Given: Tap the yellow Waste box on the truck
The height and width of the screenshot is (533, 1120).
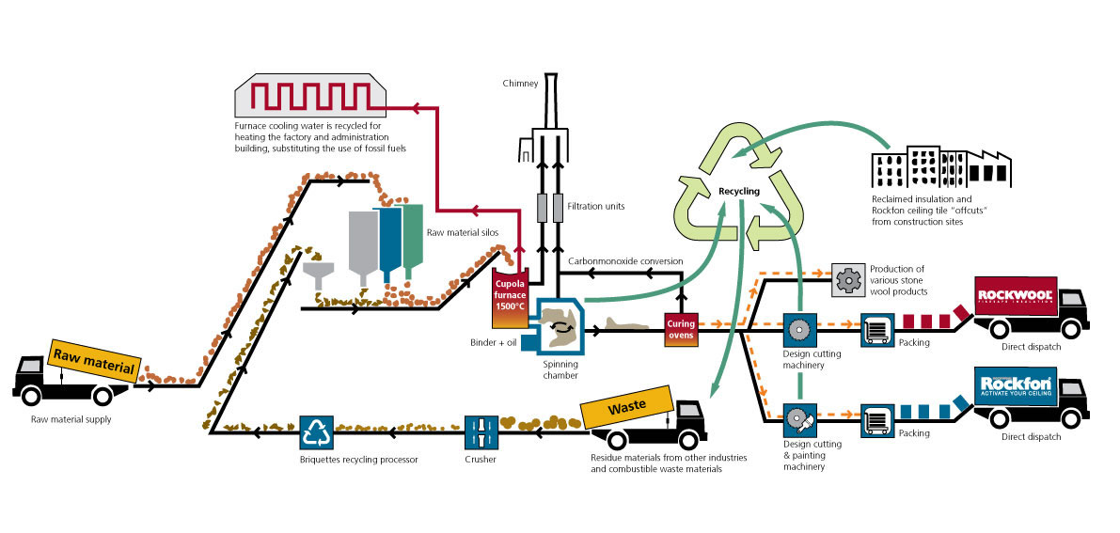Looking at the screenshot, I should tap(627, 410).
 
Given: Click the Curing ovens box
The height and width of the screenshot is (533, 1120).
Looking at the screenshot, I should tap(681, 330).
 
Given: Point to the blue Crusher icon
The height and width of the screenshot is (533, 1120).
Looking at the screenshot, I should tap(481, 433).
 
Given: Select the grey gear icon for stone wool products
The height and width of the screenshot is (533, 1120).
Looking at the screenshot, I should tap(847, 278).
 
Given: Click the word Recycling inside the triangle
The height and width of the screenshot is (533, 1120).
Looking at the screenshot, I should tap(738, 191).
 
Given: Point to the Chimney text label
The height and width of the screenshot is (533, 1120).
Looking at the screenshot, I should tap(519, 83).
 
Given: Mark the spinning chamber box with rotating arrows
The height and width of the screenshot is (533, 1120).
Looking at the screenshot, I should tap(560, 325).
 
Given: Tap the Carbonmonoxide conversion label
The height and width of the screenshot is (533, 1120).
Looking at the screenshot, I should tap(626, 260).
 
